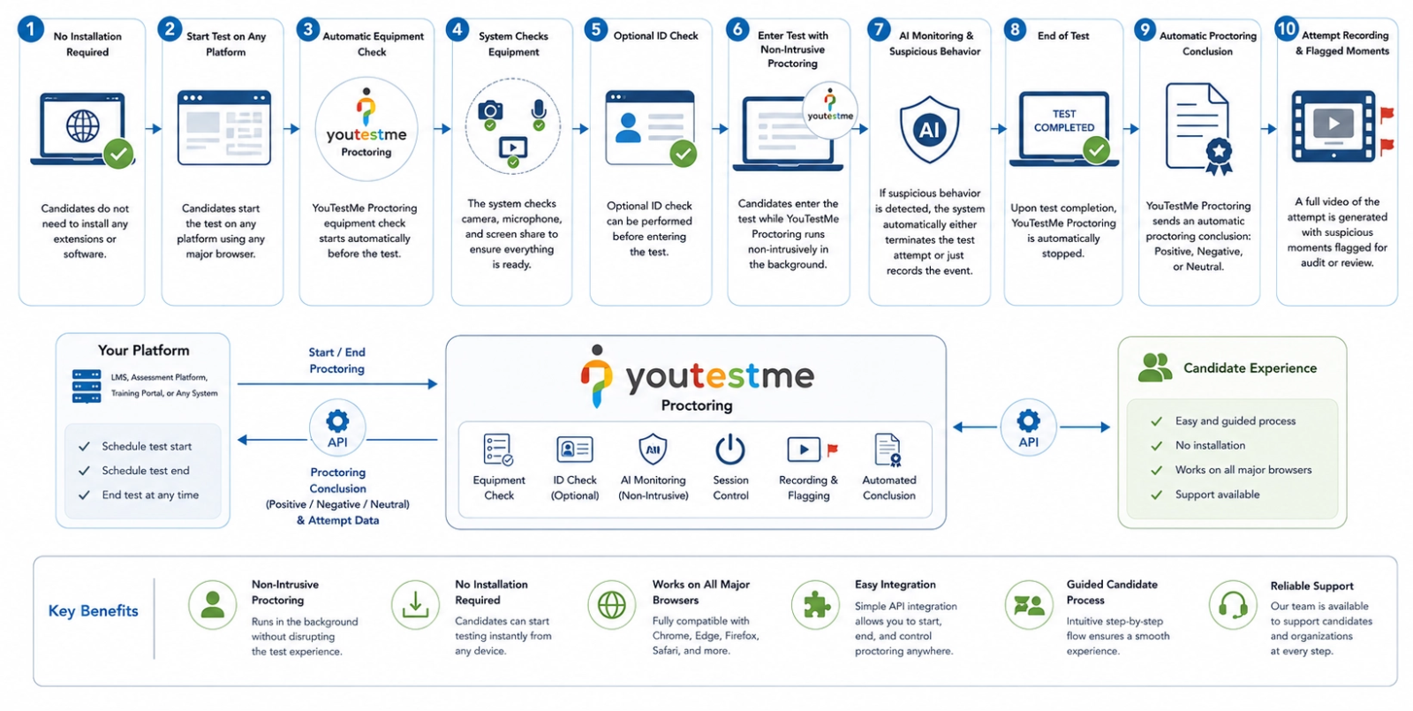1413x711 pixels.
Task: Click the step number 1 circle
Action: click(x=30, y=29)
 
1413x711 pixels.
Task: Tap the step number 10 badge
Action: click(x=1286, y=28)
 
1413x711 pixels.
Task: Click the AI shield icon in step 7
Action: click(x=929, y=129)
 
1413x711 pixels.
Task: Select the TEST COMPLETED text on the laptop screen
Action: click(x=1064, y=120)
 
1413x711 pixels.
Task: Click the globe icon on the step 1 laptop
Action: click(x=83, y=125)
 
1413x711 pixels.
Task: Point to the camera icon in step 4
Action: click(x=490, y=111)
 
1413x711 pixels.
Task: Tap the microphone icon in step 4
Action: click(x=538, y=110)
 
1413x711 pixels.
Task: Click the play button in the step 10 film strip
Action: click(x=1333, y=123)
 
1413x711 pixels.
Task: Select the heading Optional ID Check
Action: click(x=655, y=36)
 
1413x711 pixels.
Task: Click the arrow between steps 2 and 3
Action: click(x=291, y=129)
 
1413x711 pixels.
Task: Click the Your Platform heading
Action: click(x=143, y=350)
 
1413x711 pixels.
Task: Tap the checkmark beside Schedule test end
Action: click(x=84, y=471)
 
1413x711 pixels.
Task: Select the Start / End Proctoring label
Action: click(x=336, y=360)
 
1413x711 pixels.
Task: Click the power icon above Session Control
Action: click(x=729, y=449)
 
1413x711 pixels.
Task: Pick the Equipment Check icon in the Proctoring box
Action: click(x=498, y=450)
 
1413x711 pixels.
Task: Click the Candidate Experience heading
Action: click(x=1250, y=367)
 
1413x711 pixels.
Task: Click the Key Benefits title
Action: click(x=94, y=610)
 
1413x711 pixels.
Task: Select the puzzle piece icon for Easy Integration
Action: click(x=816, y=606)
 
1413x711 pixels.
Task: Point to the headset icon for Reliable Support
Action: click(x=1233, y=606)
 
